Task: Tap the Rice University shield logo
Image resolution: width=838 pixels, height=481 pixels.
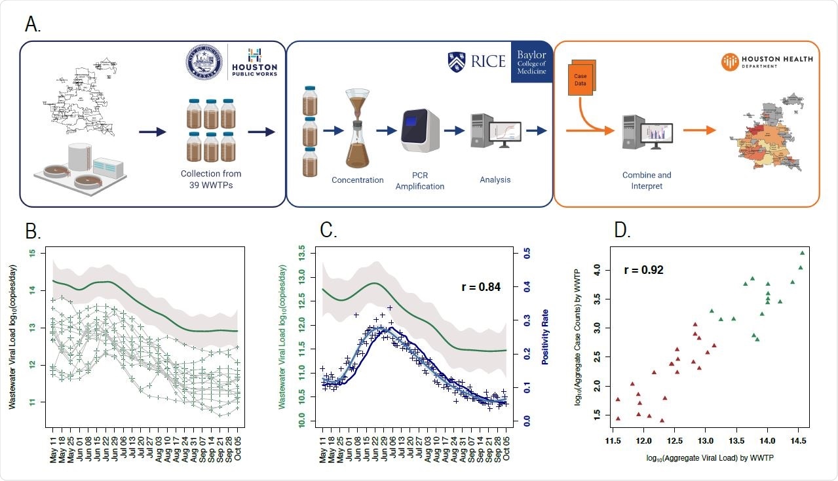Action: tap(457, 61)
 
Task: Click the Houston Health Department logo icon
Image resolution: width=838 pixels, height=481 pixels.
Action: tap(729, 62)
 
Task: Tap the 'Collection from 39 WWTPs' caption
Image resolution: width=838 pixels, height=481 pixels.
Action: tap(211, 179)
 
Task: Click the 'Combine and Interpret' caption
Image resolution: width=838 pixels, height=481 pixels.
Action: tap(647, 180)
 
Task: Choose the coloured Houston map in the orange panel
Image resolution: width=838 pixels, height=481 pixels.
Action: tap(767, 134)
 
